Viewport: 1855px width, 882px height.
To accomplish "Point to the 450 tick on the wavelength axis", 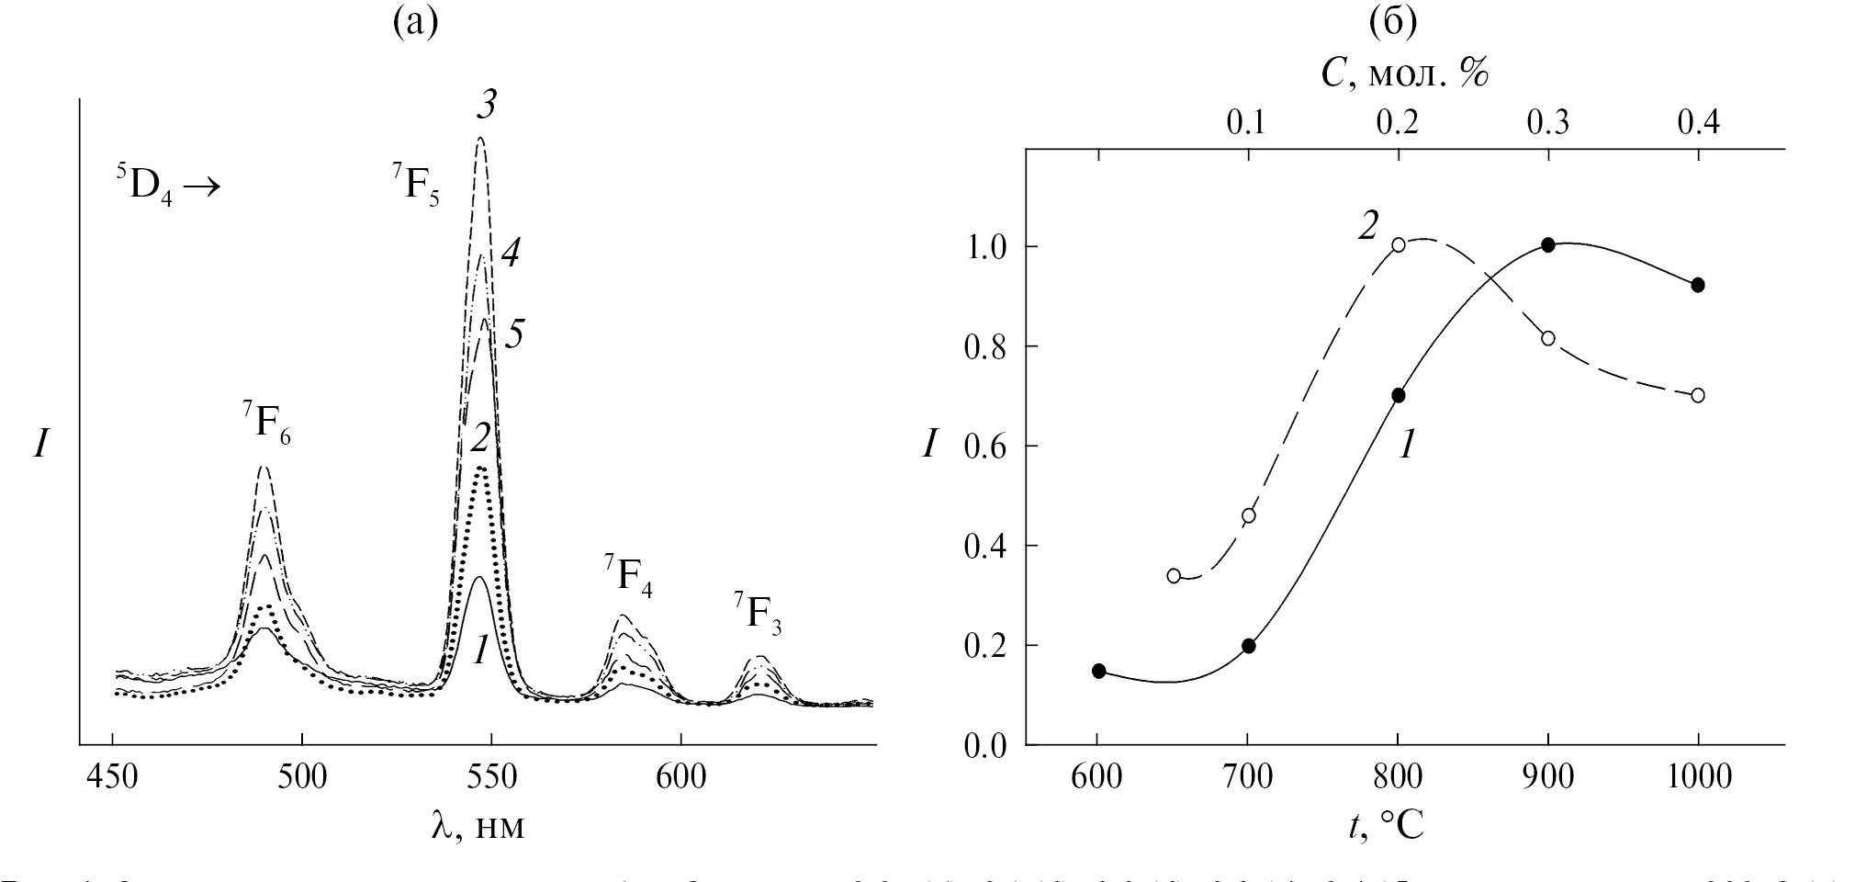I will pyautogui.click(x=112, y=776).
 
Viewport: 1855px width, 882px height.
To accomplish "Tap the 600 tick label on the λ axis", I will pyautogui.click(x=680, y=776).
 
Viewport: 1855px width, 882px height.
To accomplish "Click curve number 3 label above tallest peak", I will pyautogui.click(x=486, y=106).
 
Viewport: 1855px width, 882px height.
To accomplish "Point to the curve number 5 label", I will pyautogui.click(x=514, y=334).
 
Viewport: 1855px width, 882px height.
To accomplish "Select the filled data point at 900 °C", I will pyautogui.click(x=1548, y=244).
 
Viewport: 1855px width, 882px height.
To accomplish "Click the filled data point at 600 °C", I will pyautogui.click(x=1098, y=671).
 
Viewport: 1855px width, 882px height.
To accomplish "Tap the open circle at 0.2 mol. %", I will pyautogui.click(x=1398, y=244).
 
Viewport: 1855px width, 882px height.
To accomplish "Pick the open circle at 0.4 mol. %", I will pyautogui.click(x=1698, y=395).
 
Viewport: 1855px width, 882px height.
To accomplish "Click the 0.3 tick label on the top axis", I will pyautogui.click(x=1548, y=122).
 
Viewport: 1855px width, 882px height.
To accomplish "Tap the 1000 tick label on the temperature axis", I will pyautogui.click(x=1697, y=776).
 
